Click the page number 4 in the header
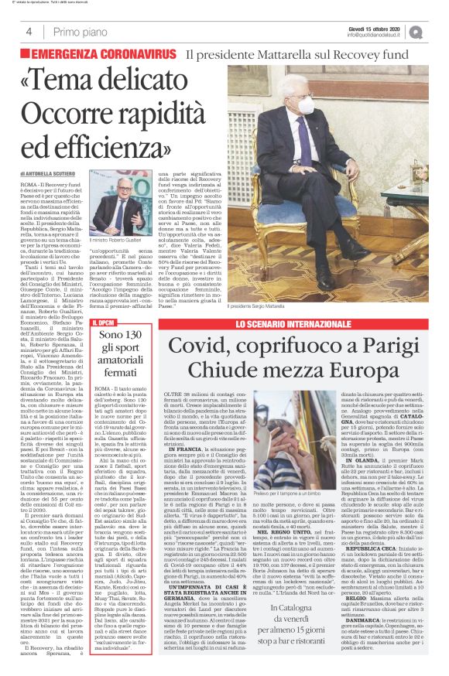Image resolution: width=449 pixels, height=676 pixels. [27, 31]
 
